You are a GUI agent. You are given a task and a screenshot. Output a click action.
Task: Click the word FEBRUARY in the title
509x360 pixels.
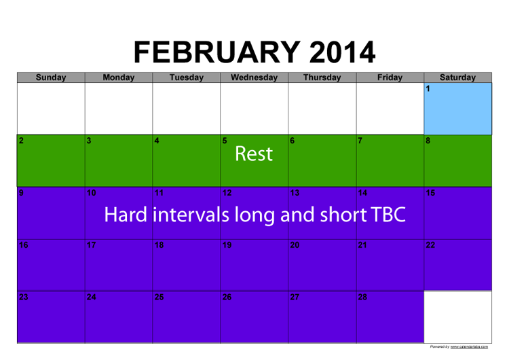[x=217, y=52]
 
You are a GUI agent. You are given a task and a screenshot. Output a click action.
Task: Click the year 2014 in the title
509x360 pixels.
[x=342, y=52]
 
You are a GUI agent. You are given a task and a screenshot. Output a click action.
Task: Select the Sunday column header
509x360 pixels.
[x=51, y=77]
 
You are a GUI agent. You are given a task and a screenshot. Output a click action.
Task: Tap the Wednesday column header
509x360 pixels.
[x=254, y=77]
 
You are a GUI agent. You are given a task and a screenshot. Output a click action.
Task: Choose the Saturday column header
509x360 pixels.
[x=457, y=77]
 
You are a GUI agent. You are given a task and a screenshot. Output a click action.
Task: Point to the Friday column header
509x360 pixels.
[x=390, y=77]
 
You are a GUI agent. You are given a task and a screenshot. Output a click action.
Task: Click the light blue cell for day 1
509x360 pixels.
[x=457, y=109]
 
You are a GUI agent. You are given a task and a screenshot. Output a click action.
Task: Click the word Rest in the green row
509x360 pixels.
[x=254, y=154]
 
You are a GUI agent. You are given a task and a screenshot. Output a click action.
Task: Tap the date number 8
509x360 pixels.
[x=428, y=141]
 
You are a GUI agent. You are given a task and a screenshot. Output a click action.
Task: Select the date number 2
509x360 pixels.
[x=21, y=141]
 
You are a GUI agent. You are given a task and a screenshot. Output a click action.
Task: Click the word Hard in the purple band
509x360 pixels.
[x=126, y=215]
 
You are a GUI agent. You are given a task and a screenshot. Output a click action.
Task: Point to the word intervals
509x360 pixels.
[x=191, y=215]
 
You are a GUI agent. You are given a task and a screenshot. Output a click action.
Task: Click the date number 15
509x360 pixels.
[x=430, y=193]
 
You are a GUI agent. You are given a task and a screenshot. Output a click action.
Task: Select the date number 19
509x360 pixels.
[x=227, y=245]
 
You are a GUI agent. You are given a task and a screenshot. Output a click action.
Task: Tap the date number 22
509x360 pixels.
[x=430, y=245]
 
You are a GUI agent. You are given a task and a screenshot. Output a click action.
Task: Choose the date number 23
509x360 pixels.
[x=23, y=297]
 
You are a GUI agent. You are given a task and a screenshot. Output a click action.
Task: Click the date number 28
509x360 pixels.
[x=362, y=297]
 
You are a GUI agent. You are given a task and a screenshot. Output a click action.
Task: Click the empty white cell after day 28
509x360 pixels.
[x=457, y=317]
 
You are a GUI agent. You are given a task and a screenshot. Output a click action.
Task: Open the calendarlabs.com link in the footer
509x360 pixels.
[x=469, y=346]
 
